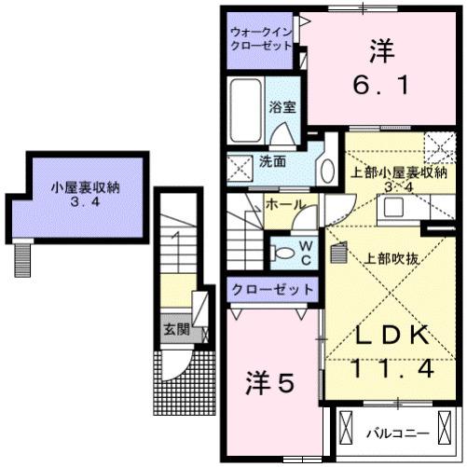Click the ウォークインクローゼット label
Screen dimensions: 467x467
[x=261, y=40]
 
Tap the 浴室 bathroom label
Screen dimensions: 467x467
[x=282, y=107]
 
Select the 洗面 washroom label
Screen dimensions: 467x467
[x=272, y=160]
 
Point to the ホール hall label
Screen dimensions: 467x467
[x=283, y=202]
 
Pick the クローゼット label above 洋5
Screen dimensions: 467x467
[x=271, y=291]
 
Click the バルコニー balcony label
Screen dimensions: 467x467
[x=398, y=433]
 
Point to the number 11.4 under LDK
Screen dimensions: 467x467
[x=391, y=369]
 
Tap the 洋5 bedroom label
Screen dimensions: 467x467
[x=271, y=382]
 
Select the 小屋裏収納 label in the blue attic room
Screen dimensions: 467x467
[x=84, y=185]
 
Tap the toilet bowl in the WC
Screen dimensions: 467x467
[x=281, y=249]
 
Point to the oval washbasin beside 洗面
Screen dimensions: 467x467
[x=326, y=171]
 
